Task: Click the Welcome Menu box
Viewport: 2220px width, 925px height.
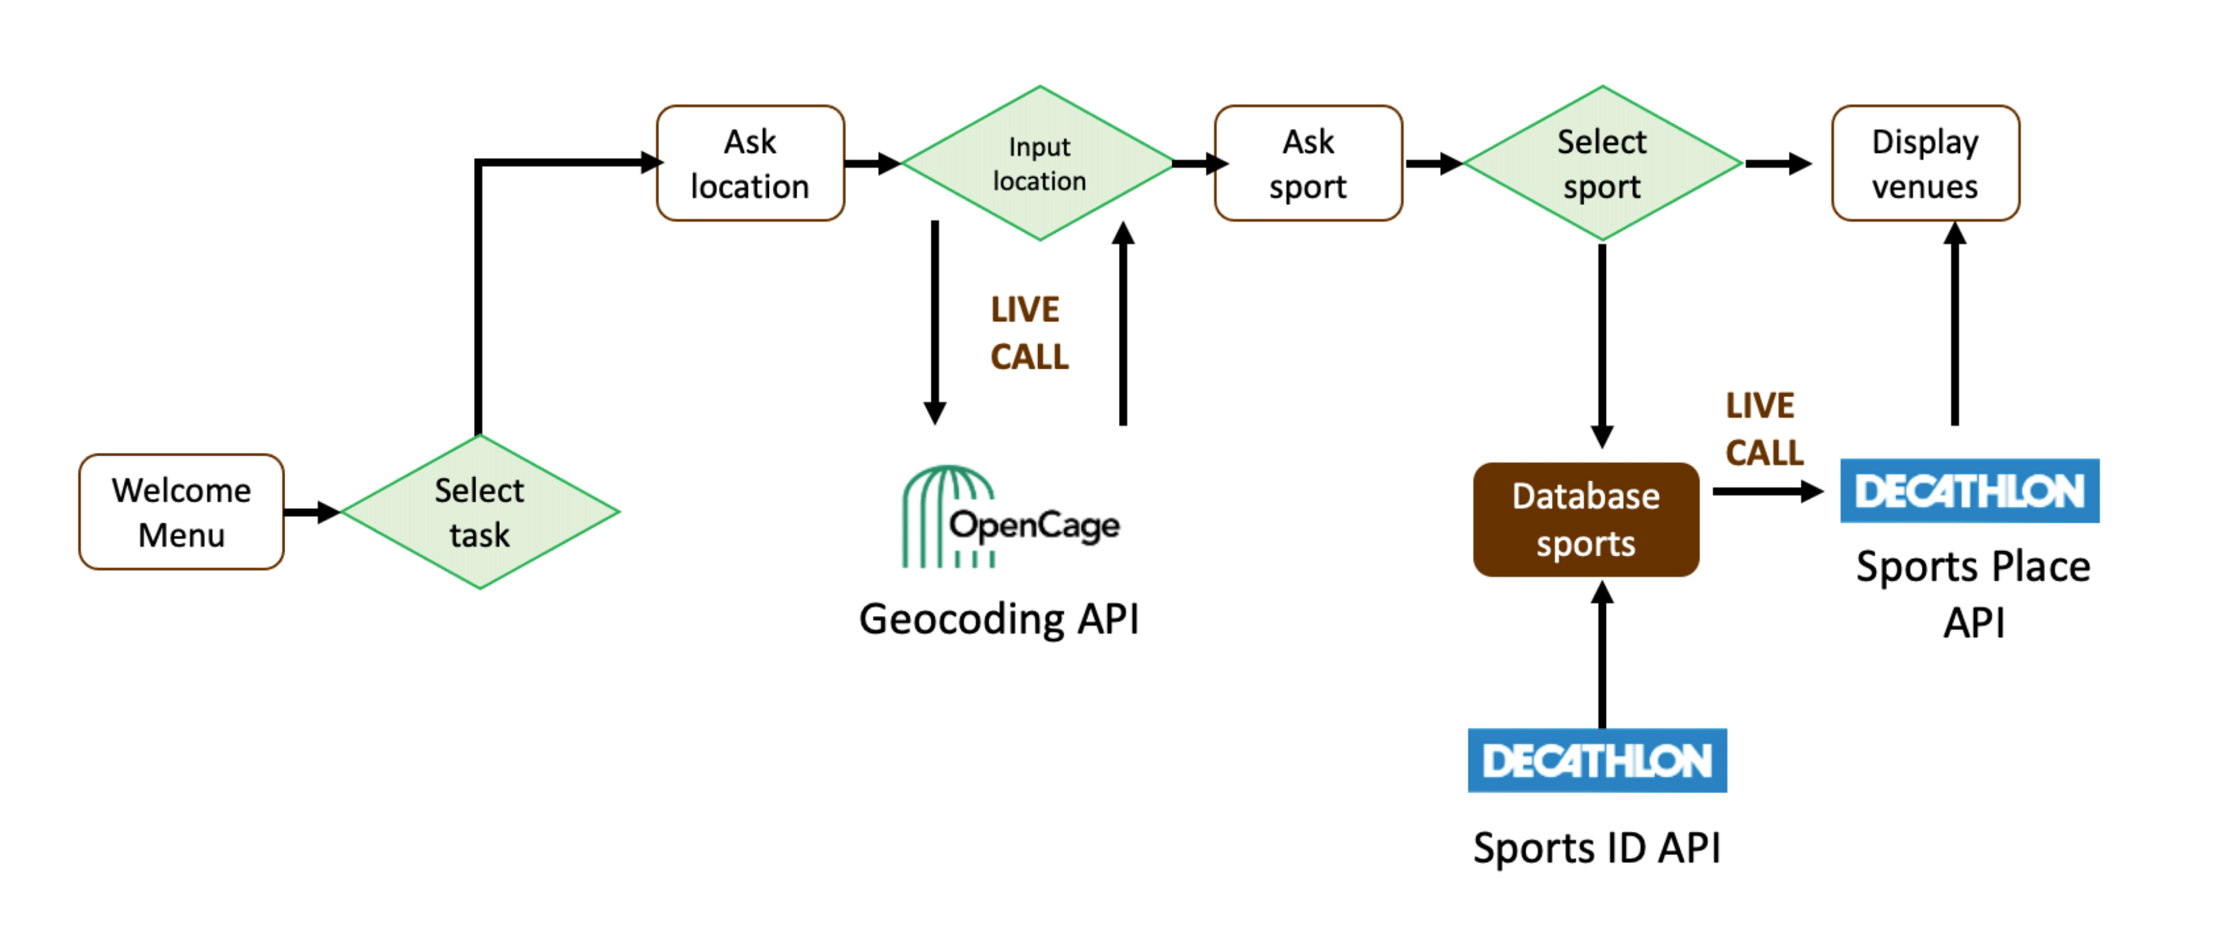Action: point(181,512)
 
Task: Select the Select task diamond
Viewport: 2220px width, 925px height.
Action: point(479,512)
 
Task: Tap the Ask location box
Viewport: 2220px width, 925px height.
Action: point(750,164)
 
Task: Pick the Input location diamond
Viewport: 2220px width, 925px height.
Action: point(1039,164)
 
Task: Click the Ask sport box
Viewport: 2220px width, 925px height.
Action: point(1307,164)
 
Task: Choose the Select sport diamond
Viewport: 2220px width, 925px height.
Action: point(1601,164)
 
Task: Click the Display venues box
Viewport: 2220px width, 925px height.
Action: point(1925,164)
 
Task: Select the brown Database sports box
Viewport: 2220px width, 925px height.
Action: point(1586,520)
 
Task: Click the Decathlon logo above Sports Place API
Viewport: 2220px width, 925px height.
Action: point(1969,491)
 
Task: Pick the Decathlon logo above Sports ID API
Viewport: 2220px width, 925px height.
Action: point(1597,761)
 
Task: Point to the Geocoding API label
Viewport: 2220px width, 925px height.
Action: point(999,619)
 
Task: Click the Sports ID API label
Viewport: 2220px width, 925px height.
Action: point(1597,849)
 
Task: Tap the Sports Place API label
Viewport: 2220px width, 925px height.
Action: point(1973,593)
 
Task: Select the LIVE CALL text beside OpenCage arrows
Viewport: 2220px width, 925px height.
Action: point(1028,333)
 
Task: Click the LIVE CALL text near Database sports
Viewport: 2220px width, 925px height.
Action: point(1763,429)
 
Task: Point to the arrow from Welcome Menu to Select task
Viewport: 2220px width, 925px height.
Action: point(311,512)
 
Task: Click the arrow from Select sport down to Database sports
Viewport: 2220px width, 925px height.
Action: point(1601,345)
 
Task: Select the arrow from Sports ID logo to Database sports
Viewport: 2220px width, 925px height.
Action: point(1601,655)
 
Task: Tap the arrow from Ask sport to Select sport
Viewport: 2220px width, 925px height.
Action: point(1432,163)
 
